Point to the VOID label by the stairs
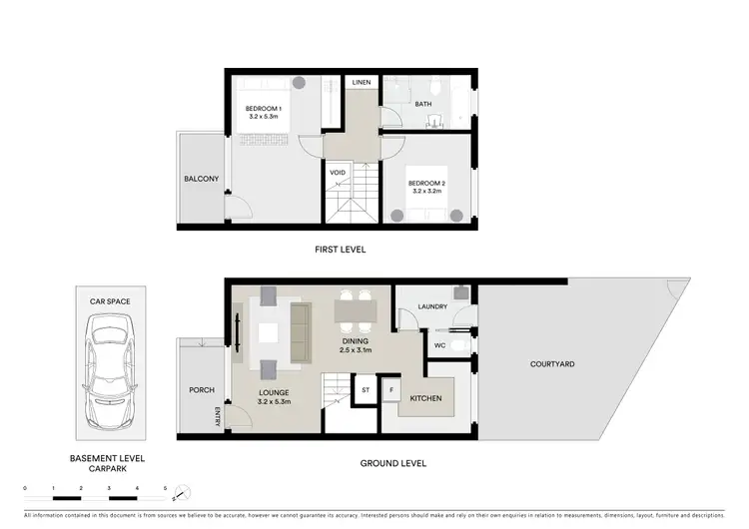[x=339, y=172]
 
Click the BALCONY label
[x=201, y=180]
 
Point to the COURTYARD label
[x=551, y=364]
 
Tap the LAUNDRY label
[x=432, y=306]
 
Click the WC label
[x=439, y=345]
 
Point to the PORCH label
[x=201, y=390]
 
